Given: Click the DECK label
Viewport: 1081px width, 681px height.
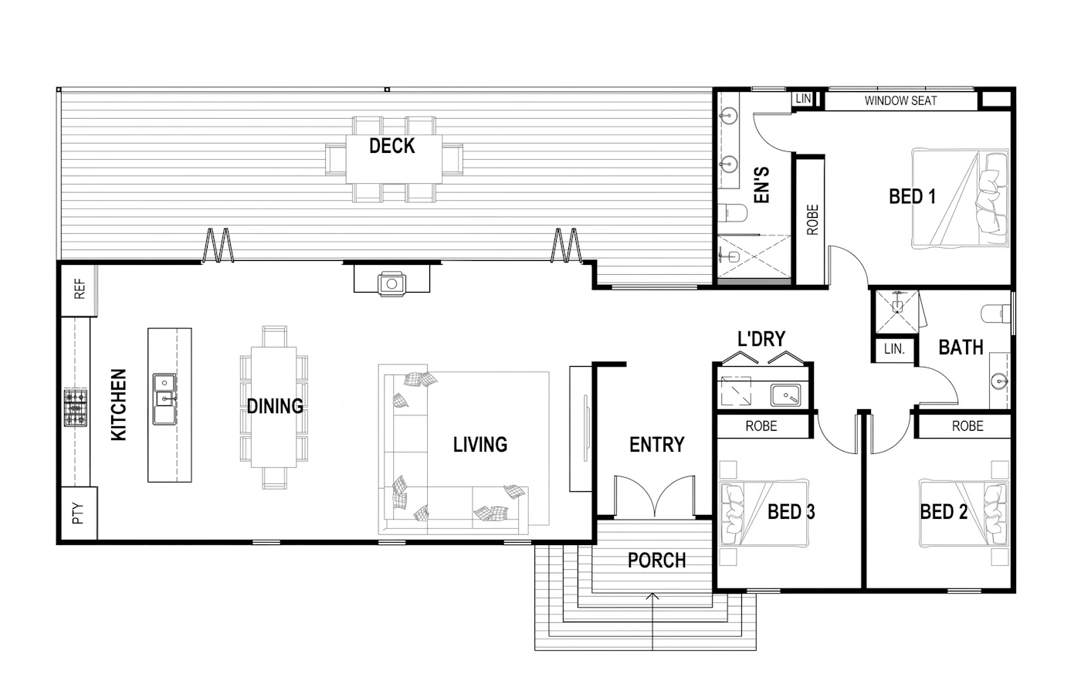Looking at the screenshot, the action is (392, 146).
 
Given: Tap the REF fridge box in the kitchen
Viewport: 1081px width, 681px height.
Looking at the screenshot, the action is (79, 289).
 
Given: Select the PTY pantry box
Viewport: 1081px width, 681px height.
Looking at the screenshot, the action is (78, 513).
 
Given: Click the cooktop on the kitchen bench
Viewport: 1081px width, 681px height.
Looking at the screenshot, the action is (76, 408).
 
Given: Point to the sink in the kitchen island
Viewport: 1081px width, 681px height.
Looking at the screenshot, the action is (164, 398).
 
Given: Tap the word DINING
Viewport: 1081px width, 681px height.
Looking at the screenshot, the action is (275, 406).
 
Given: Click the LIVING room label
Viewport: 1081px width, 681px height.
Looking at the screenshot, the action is (480, 445).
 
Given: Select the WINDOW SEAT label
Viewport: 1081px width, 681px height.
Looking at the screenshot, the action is (900, 101).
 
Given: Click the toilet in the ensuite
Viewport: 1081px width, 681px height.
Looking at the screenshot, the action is (732, 212).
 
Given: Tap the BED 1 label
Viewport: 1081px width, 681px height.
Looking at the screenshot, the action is (912, 196).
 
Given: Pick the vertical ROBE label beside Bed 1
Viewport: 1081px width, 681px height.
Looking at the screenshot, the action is (812, 219).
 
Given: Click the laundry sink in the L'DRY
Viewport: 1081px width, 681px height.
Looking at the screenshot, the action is (785, 395).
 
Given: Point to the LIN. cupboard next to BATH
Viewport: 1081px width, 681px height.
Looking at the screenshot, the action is (894, 349).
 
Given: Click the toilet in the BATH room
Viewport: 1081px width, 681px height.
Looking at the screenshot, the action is (995, 313).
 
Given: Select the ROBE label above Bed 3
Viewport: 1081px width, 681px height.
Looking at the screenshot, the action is (761, 426).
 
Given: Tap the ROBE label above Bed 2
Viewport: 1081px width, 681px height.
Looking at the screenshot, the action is (967, 426).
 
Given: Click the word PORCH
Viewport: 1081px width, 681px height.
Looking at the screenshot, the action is (656, 561).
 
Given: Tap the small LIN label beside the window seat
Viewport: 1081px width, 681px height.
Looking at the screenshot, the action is (803, 99).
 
